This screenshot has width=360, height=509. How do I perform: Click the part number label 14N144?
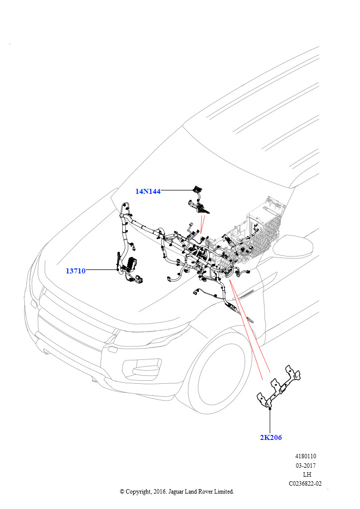[x=148, y=191]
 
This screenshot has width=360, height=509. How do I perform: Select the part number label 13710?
[x=76, y=271]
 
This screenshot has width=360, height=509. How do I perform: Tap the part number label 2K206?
[x=270, y=437]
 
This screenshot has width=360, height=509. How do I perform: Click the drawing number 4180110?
[x=305, y=456]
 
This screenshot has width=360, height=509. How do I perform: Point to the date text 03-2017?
[x=305, y=465]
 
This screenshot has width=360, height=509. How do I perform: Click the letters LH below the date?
[x=307, y=474]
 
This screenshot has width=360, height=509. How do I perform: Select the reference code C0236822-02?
[x=305, y=483]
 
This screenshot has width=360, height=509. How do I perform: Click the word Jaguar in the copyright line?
[x=176, y=492]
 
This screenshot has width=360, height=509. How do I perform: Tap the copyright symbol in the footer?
[x=122, y=492]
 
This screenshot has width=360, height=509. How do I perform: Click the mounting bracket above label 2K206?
[x=278, y=388]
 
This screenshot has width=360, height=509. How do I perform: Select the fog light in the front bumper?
[x=142, y=369]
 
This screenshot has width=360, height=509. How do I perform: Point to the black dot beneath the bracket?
[x=270, y=409]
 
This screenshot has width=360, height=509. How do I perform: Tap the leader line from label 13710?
[x=101, y=269]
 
